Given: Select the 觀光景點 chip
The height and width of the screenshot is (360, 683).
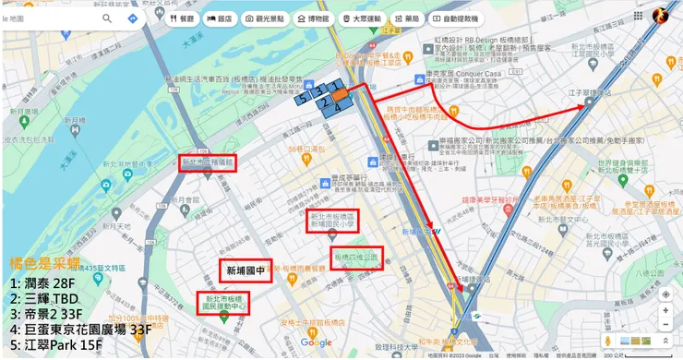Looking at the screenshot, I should point(265,18).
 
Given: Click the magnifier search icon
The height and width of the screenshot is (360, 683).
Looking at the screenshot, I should point(107,18).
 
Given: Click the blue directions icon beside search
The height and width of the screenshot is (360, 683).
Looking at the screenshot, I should point(133,18).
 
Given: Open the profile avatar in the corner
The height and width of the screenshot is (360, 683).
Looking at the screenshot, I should point(661,16).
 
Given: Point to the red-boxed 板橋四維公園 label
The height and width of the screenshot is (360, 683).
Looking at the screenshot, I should point(355,258).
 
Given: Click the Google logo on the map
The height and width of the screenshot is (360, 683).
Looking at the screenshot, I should point(316,342).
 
